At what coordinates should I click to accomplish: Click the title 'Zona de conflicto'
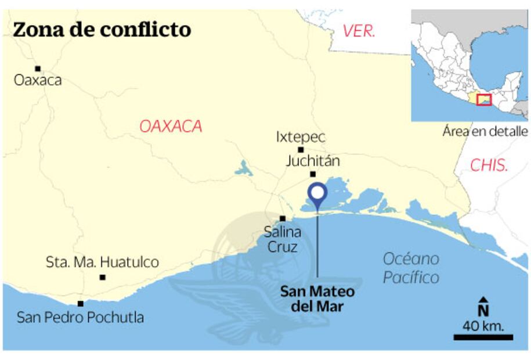[102, 29]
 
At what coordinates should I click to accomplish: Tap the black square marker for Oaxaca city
[38, 69]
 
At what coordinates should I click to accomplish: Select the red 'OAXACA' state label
[171, 126]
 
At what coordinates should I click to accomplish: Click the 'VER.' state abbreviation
[359, 31]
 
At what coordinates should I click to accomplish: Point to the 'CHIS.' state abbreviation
[489, 165]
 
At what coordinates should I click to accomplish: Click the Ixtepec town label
[301, 138]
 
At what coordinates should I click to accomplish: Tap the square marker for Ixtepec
[301, 150]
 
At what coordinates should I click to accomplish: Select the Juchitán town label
[312, 161]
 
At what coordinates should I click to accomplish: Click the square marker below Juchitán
[313, 174]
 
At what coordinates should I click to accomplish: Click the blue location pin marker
[317, 196]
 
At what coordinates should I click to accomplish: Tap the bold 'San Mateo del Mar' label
[317, 298]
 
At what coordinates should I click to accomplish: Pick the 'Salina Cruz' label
[282, 239]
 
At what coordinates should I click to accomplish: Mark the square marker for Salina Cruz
[283, 219]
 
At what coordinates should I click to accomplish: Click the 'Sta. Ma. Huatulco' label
[102, 262]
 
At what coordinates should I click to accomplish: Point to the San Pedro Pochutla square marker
[80, 303]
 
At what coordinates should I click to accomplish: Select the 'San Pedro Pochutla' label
[80, 318]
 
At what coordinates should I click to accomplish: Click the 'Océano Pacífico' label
[411, 268]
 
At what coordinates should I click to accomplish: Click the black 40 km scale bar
[483, 337]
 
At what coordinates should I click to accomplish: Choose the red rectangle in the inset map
[483, 99]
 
